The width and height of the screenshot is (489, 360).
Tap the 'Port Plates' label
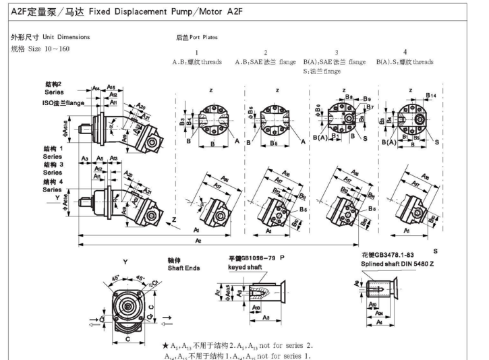point(205,38)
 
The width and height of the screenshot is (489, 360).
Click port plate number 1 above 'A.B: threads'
point(196,53)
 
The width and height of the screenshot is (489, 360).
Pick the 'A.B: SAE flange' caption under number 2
point(264,62)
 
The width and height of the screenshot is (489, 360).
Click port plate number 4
point(405,53)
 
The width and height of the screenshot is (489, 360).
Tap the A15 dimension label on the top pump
point(111,88)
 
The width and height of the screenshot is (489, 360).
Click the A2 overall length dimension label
point(198,240)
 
